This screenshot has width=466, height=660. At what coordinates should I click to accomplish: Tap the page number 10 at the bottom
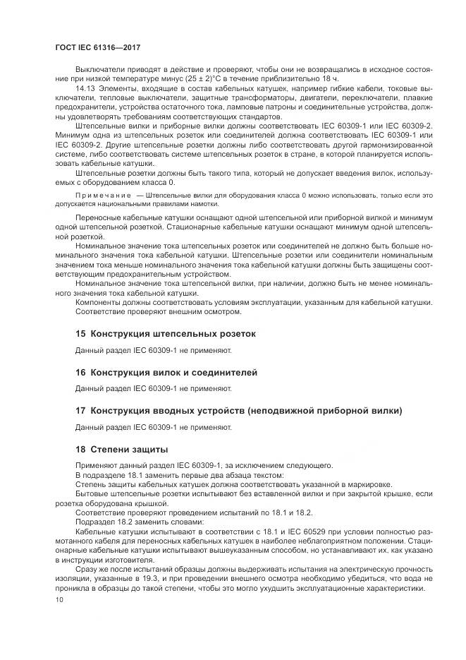[59, 599]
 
